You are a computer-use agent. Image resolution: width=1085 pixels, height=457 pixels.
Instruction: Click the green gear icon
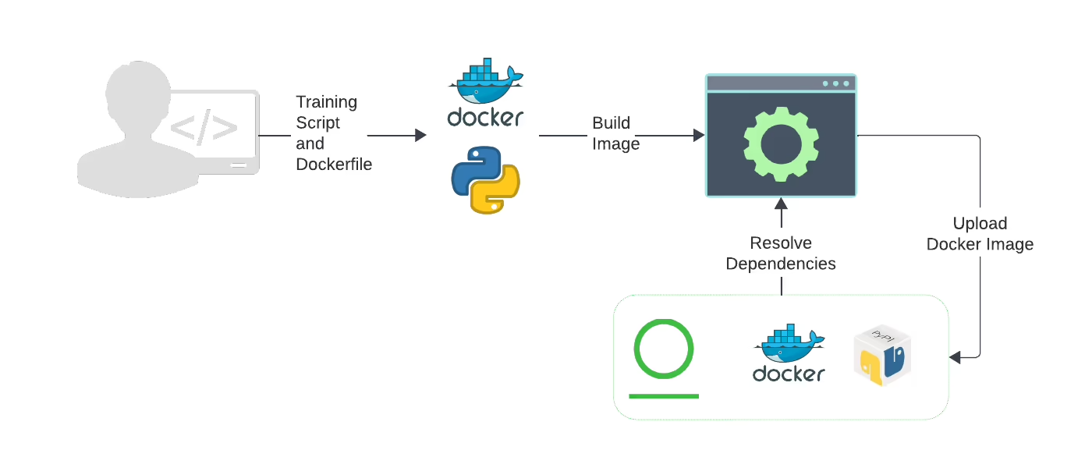781,144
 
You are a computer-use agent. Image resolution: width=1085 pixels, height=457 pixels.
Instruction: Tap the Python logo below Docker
485,180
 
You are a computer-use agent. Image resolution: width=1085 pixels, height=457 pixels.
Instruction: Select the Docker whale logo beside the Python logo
485,93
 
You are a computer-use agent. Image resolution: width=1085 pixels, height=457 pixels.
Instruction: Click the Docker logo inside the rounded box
789,352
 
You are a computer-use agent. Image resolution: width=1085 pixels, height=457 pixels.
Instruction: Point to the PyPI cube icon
882,355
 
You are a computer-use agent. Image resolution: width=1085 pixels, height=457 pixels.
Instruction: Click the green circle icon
664,349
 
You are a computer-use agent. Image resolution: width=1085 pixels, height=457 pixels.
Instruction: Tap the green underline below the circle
664,396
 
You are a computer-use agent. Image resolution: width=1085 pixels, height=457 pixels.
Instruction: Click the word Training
327,102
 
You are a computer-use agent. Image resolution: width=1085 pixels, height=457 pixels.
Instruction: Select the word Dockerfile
334,164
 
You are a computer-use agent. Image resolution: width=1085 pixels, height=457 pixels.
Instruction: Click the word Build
612,123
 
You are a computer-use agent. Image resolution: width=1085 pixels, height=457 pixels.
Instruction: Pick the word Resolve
781,243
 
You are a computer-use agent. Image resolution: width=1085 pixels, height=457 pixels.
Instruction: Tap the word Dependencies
781,264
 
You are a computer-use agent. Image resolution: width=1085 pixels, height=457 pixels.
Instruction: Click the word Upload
980,223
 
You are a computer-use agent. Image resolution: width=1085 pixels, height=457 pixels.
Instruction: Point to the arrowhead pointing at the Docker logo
420,136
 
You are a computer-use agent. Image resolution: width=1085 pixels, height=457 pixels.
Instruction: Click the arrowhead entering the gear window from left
699,136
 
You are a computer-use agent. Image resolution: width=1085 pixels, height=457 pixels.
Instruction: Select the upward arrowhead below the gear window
781,204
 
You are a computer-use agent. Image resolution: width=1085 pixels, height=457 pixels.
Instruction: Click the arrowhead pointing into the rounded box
955,357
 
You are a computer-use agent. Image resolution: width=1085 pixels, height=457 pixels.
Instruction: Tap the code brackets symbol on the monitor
204,127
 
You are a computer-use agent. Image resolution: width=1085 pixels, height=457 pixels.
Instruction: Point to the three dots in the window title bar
835,83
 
